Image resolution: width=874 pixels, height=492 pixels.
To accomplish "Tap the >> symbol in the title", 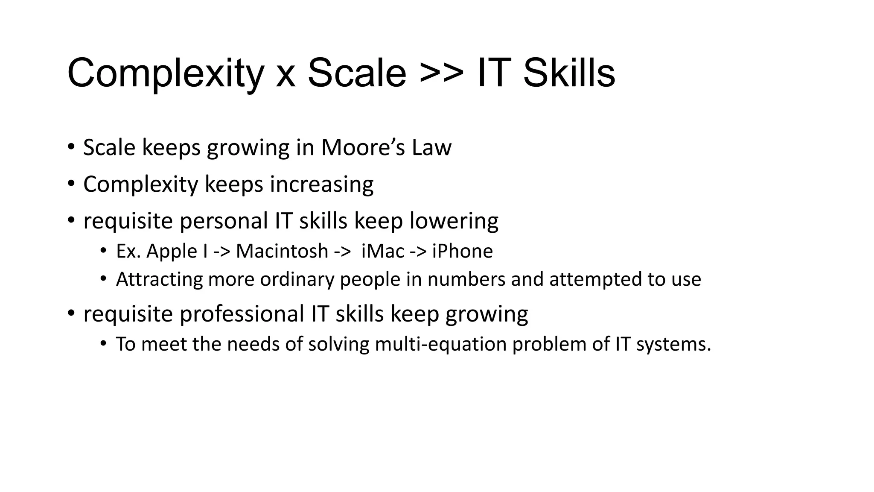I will [441, 73].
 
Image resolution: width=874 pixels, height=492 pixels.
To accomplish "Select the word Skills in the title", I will [569, 73].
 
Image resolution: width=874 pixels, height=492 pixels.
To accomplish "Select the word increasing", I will [321, 184].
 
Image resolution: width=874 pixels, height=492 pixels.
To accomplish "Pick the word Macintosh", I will [282, 251].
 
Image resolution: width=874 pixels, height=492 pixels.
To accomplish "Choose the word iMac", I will [382, 251].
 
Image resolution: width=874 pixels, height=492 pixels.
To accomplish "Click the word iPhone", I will [462, 251].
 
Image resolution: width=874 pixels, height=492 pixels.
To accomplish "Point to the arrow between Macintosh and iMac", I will [342, 252].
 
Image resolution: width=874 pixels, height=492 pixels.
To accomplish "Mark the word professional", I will [242, 314].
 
